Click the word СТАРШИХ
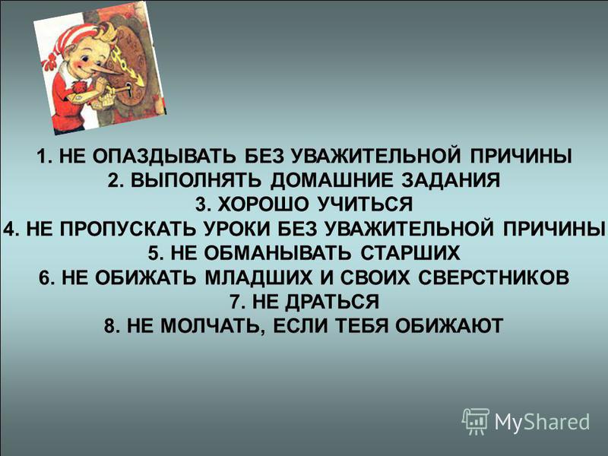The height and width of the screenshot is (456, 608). click(x=410, y=253)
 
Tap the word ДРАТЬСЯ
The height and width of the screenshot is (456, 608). click(x=331, y=301)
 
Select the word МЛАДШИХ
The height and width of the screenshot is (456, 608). click(x=258, y=277)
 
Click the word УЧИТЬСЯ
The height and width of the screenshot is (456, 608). click(x=365, y=204)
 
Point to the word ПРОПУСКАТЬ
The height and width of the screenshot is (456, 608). click(x=128, y=228)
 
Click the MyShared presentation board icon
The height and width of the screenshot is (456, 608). click(x=475, y=421)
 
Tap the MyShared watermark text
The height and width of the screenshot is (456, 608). click(x=542, y=422)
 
